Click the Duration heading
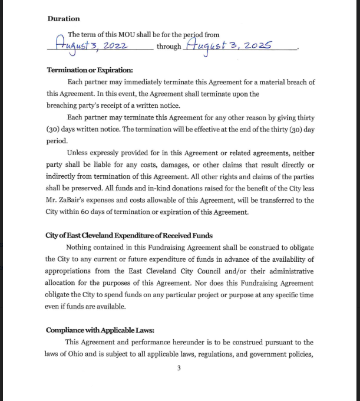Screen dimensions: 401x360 (64, 19)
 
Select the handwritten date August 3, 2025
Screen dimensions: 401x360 (229, 45)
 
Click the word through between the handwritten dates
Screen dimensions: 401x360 (169, 47)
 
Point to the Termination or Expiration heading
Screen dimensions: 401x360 (90, 70)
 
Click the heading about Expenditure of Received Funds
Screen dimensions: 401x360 (129, 235)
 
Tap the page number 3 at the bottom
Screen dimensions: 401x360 (179, 369)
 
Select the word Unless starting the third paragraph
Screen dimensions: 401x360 (78, 153)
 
